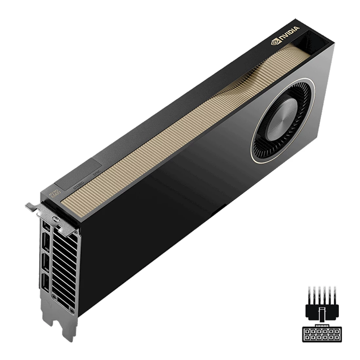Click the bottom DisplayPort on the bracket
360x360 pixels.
pos(45,283)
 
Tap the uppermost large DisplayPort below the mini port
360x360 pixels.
pos(47,241)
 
